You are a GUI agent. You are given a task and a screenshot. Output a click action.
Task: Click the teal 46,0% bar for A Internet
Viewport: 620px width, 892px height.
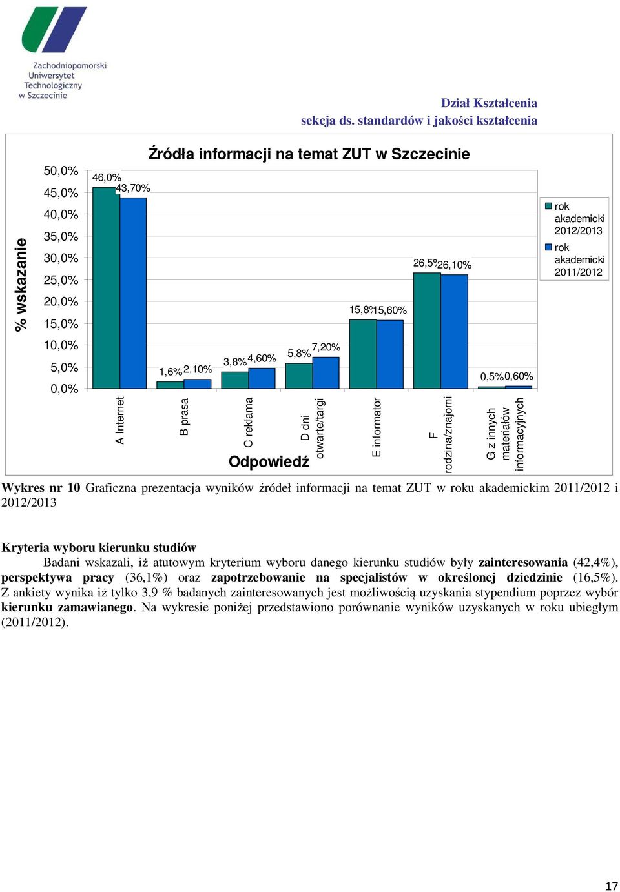pyautogui.click(x=106, y=287)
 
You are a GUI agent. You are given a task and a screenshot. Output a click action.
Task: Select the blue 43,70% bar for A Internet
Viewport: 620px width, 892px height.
pyautogui.click(x=133, y=292)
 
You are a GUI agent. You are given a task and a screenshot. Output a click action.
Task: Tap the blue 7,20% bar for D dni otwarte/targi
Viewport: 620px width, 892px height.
pyautogui.click(x=325, y=372)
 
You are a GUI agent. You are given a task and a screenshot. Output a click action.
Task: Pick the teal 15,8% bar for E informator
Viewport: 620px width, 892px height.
pyautogui.click(x=363, y=354)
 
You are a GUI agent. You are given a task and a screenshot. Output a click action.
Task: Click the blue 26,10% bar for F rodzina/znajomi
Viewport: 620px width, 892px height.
pyautogui.click(x=454, y=331)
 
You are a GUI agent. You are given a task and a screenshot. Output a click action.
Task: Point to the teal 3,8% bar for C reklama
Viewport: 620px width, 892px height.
pyautogui.click(x=234, y=380)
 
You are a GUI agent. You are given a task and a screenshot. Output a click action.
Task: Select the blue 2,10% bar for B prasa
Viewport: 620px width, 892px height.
pyautogui.click(x=197, y=383)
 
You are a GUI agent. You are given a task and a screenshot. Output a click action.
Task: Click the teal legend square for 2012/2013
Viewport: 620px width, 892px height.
pyautogui.click(x=548, y=206)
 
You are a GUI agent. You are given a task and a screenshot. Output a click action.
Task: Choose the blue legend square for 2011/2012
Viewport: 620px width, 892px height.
pyautogui.click(x=548, y=247)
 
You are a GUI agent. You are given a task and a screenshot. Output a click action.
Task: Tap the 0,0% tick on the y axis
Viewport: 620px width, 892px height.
pyautogui.click(x=64, y=389)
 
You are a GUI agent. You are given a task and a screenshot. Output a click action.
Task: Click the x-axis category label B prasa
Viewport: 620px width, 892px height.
pyautogui.click(x=184, y=416)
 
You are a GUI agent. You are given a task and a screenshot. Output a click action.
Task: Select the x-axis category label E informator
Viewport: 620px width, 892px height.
pyautogui.click(x=377, y=427)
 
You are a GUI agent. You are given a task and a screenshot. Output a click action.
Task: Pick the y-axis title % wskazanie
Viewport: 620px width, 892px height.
pyautogui.click(x=21, y=285)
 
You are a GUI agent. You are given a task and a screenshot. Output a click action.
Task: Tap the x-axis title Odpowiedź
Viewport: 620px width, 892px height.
pyautogui.click(x=269, y=462)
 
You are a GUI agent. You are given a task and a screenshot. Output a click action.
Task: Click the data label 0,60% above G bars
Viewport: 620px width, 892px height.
pyautogui.click(x=519, y=376)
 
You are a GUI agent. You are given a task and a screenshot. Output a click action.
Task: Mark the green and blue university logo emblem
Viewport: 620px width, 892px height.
pyautogui.click(x=54, y=30)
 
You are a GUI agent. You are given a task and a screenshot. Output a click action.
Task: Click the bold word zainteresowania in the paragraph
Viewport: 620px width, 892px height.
pyautogui.click(x=523, y=563)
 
